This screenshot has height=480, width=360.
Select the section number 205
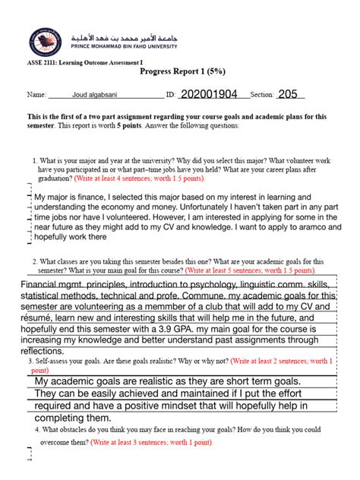[289, 94]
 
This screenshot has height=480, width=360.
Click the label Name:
[36, 96]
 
